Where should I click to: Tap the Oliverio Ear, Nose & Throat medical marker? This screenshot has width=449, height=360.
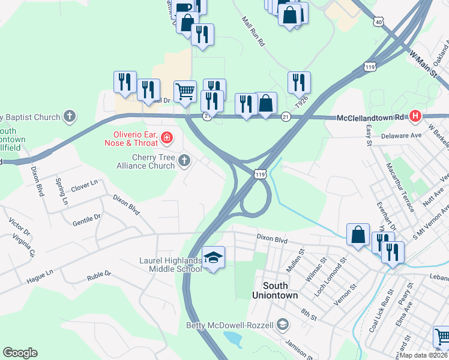pyautogui.click(x=166, y=140)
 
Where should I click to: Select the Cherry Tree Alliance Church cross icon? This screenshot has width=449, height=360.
pyautogui.click(x=184, y=160)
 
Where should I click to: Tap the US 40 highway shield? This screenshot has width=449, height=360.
pyautogui.click(x=378, y=22)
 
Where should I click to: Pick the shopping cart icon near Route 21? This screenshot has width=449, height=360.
pyautogui.click(x=185, y=91)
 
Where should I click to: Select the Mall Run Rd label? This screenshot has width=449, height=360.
pyautogui.click(x=253, y=32)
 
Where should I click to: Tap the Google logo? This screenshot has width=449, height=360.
pyautogui.click(x=20, y=353)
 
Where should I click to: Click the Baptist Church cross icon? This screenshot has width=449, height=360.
pyautogui.click(x=70, y=116)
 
